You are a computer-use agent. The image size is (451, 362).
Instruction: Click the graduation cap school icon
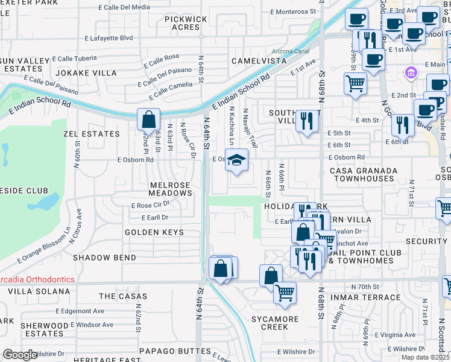coord(237,160)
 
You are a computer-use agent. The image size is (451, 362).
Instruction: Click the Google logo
coord(20,355)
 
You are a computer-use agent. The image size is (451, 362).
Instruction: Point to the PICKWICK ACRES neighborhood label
coord(173,23)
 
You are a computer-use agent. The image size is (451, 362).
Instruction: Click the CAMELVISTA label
coord(260,62)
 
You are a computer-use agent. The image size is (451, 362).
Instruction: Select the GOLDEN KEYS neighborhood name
coord(154,232)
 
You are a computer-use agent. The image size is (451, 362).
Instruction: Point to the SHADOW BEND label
coord(100,257)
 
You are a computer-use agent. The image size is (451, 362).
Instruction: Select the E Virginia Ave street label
coord(396,335)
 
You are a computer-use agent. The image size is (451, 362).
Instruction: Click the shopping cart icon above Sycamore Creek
coord(285,293)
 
